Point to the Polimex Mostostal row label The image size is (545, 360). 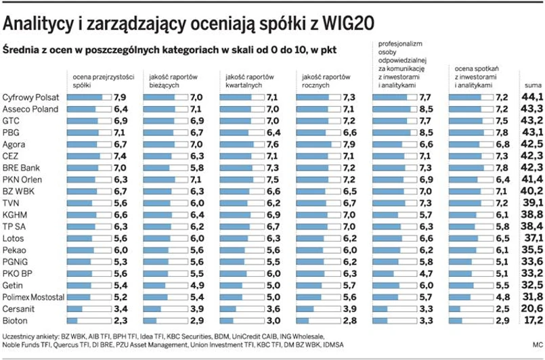pos(35,296)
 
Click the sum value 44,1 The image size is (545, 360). pos(532,97)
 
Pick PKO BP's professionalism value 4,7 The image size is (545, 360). pos(425,273)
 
